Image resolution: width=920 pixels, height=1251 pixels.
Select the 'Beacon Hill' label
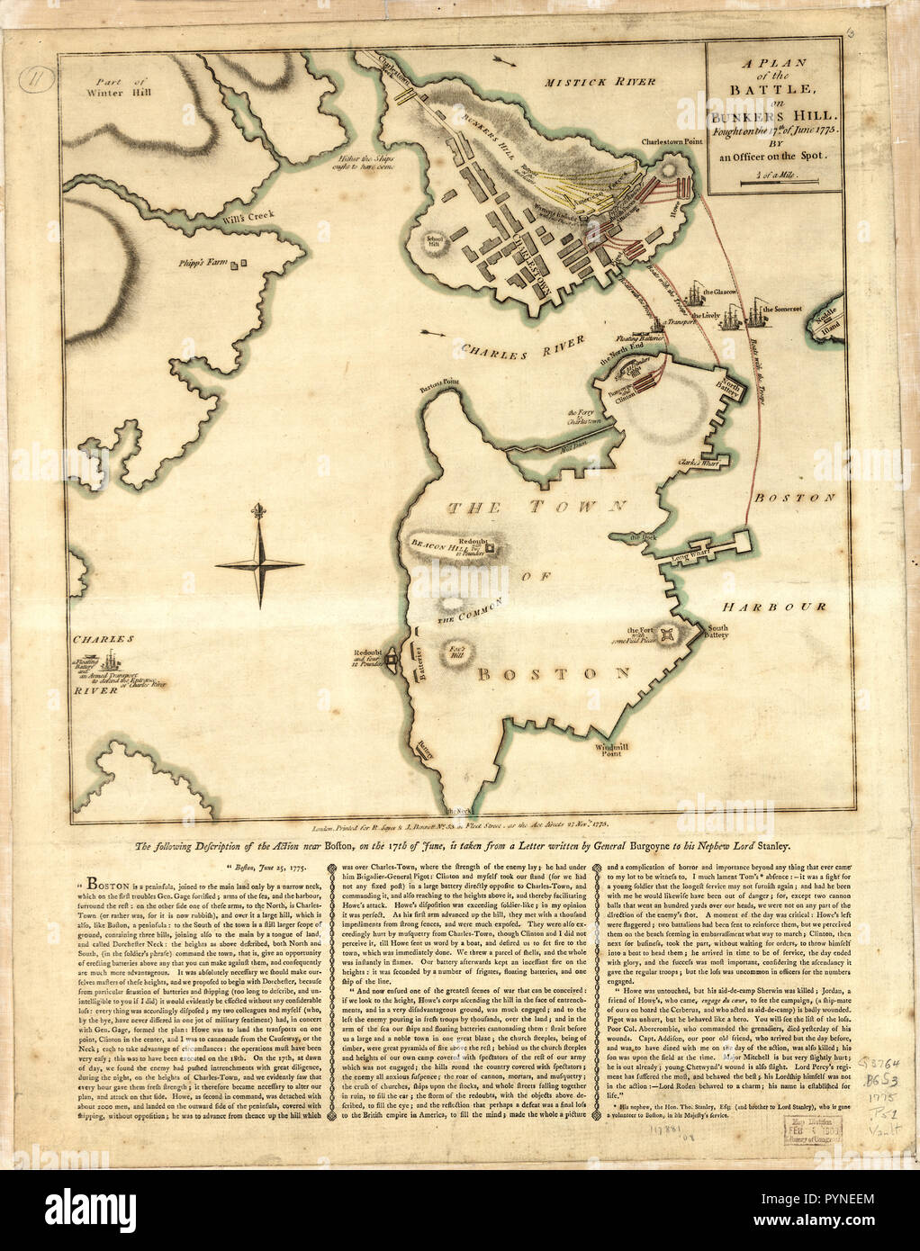(x=435, y=543)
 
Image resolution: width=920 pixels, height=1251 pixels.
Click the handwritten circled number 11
(x=36, y=77)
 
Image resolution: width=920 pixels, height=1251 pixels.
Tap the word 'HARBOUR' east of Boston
(x=778, y=607)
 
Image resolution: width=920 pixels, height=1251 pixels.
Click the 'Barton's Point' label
(x=439, y=383)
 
